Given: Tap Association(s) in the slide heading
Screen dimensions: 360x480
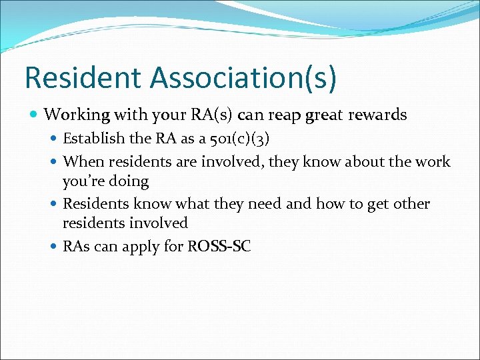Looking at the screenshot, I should click(x=243, y=77).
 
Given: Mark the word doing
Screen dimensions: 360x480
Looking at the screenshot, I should click(x=129, y=181).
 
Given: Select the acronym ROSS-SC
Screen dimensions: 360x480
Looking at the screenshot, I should click(x=219, y=247).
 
